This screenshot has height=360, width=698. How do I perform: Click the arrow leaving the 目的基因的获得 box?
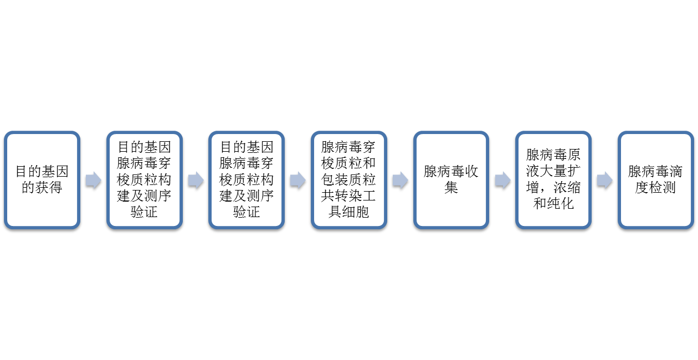point(94,180)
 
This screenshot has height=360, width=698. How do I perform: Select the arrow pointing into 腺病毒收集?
point(401,180)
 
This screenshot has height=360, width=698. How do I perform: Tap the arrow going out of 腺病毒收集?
point(502,180)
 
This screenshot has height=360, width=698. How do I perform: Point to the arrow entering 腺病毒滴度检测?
point(605,180)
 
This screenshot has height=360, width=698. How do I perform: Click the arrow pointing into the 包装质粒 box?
point(298,180)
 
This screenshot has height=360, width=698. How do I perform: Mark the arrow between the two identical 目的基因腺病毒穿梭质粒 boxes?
point(196,180)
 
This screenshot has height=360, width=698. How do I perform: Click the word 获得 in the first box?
point(49,187)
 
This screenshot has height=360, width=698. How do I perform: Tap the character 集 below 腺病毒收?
point(451,187)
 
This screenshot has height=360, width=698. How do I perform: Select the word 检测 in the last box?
point(662,187)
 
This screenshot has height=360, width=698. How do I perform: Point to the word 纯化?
point(560,204)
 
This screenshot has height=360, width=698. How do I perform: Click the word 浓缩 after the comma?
point(567,187)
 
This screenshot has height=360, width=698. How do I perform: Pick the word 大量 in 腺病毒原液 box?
point(553,171)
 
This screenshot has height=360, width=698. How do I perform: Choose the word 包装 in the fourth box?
point(335,179)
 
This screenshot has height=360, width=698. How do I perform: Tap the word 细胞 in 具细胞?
point(356,212)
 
